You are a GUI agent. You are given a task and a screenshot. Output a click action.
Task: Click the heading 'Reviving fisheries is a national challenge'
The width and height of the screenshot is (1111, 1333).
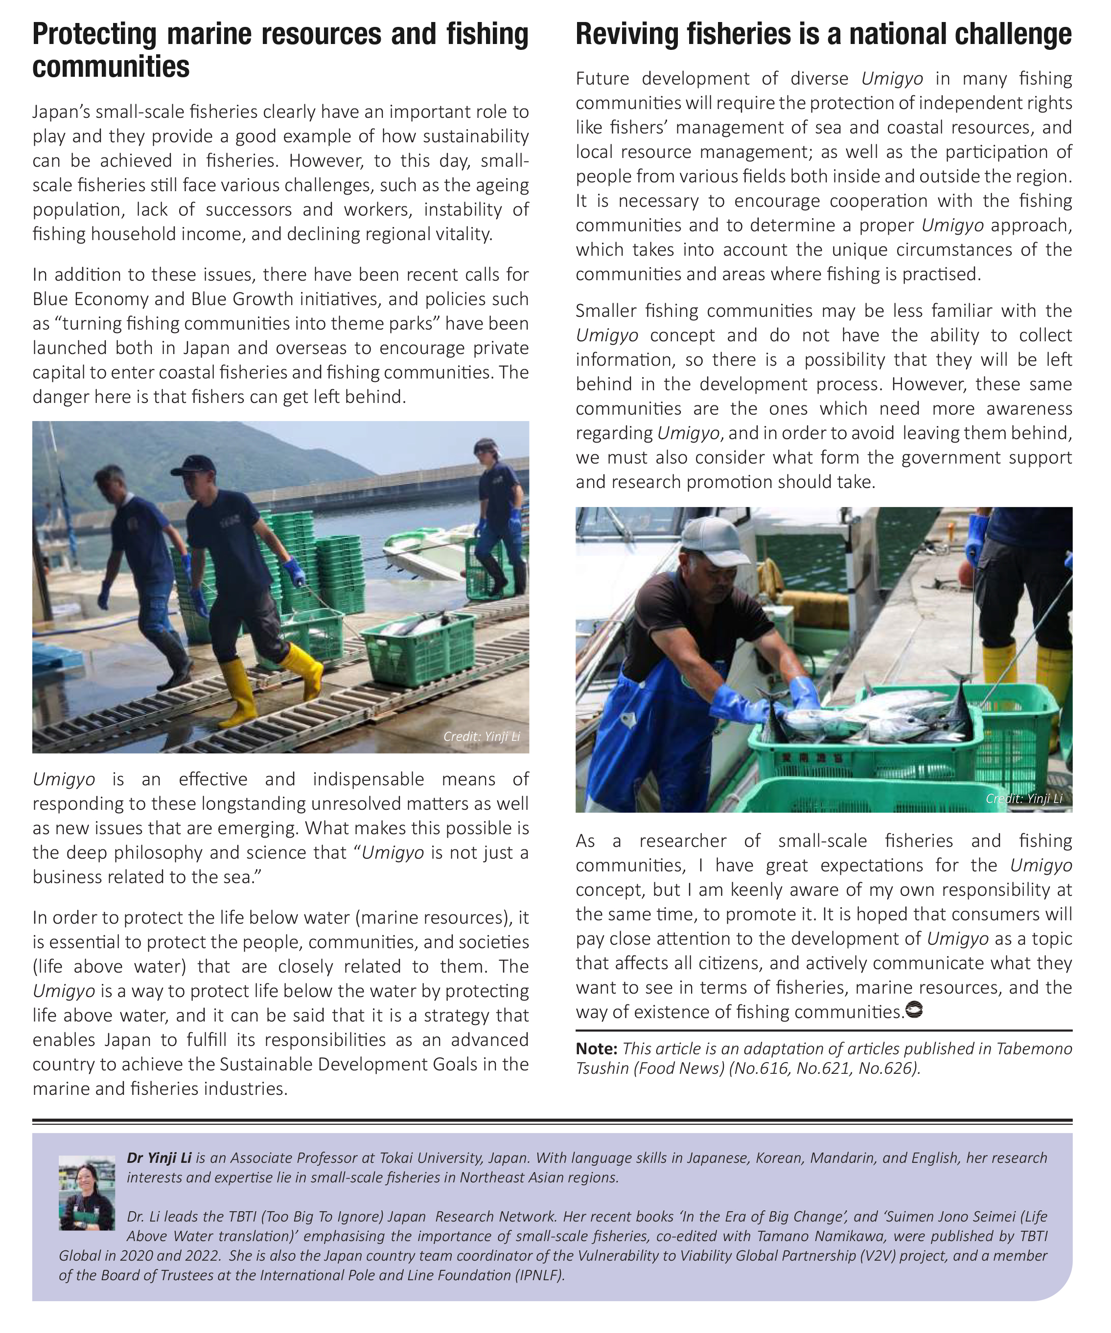click(x=823, y=35)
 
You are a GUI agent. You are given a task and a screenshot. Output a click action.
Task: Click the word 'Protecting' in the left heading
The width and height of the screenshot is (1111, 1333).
click(x=94, y=35)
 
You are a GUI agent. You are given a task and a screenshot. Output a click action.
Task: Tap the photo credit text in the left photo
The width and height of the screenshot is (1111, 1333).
click(x=482, y=736)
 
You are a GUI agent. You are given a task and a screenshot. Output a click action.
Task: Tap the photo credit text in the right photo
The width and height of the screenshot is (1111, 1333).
click(x=1023, y=799)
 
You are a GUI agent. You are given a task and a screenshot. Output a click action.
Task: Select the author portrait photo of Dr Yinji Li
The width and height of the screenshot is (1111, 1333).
click(x=87, y=1193)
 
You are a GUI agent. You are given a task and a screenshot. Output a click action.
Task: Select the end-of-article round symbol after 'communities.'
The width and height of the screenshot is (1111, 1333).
click(x=913, y=1009)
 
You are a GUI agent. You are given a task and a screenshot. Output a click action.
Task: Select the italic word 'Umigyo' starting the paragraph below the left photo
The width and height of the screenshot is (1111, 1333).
click(x=64, y=779)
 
